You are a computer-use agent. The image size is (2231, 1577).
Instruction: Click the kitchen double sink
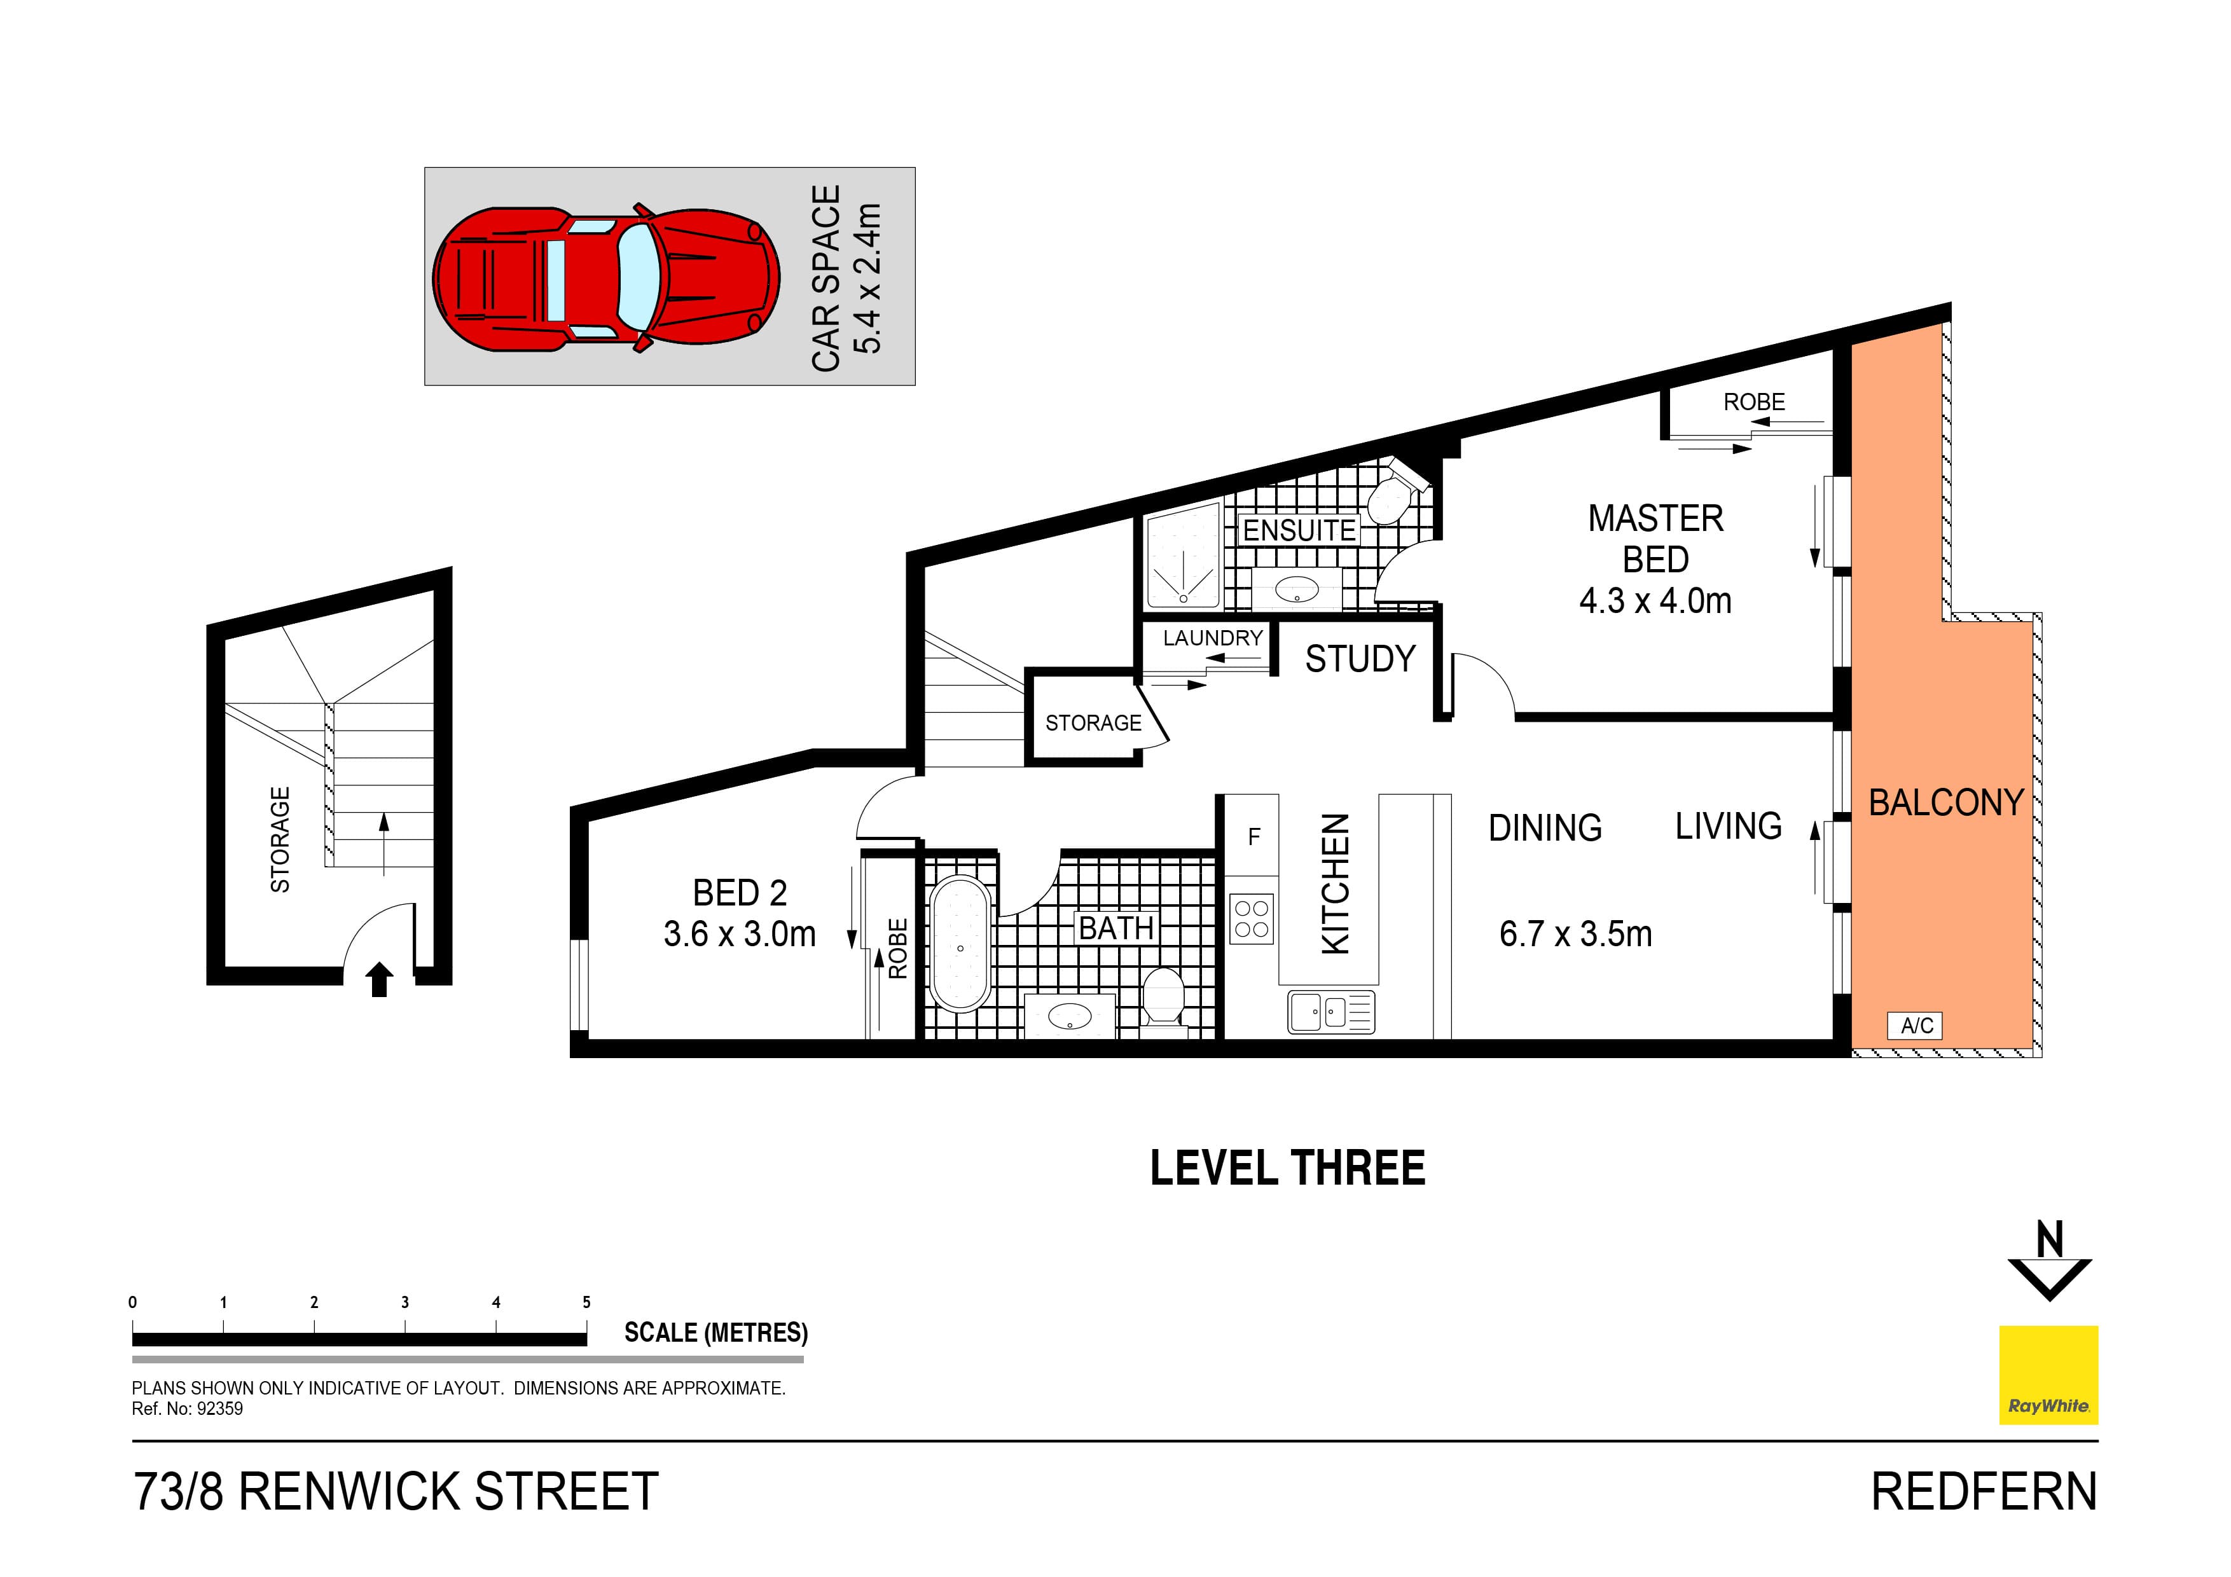(1330, 1012)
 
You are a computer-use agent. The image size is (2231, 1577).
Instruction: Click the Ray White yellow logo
(2047, 1375)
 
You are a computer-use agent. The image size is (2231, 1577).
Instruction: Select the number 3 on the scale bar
(405, 1302)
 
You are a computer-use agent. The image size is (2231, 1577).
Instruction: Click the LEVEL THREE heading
(1287, 1168)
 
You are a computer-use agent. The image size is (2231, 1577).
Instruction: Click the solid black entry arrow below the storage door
(379, 979)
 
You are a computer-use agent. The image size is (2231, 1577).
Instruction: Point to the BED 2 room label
(740, 892)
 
